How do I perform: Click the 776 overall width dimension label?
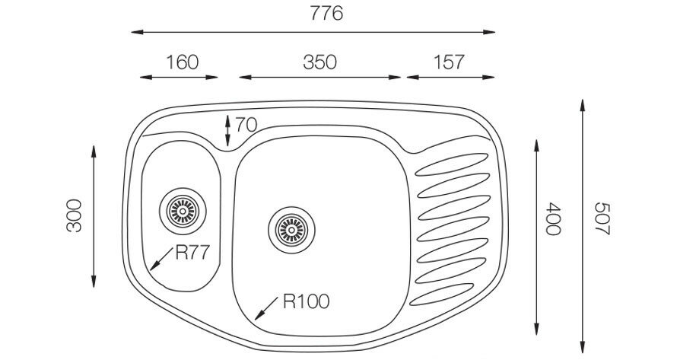coord(326,14)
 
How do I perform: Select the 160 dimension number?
coord(183,62)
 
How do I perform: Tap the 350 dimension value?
coord(319,62)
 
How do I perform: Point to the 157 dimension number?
coord(449,62)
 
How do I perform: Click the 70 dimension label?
coord(246,126)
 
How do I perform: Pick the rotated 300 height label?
coord(74,215)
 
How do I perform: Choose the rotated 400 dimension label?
coord(553,218)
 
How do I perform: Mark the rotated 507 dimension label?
coord(602,218)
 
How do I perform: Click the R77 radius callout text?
coord(192,253)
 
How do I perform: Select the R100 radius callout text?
coord(306,301)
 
